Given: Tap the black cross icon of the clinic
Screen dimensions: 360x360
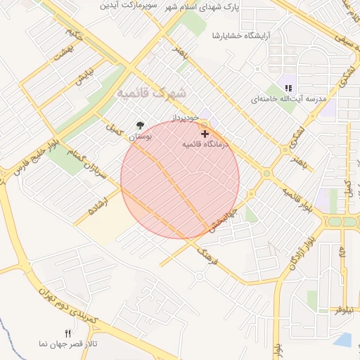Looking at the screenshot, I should point(205,133).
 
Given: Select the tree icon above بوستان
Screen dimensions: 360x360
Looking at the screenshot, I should point(141,125).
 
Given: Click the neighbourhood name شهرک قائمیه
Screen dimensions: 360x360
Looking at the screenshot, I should point(152,92).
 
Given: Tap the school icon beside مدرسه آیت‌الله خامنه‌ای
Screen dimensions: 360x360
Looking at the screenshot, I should point(288,88).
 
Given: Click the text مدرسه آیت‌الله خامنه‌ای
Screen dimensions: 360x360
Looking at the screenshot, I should point(289,100).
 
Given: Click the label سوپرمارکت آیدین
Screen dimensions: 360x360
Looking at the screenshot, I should point(127,6).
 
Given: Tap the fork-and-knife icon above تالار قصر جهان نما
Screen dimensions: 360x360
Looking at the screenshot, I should point(68,333).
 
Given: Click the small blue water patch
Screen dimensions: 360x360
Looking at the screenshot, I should point(344,340).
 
